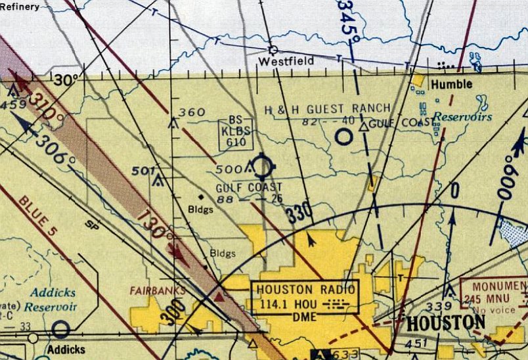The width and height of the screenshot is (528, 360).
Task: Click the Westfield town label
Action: (286, 62)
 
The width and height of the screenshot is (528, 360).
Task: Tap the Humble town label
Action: (451, 84)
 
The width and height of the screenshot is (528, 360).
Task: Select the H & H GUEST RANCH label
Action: (327, 108)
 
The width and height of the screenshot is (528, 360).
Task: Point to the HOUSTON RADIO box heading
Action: (305, 289)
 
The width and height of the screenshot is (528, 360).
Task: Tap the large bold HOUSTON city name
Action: (446, 323)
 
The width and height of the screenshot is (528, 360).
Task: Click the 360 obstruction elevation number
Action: (192, 112)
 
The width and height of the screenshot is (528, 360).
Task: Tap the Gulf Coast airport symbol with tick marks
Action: (262, 166)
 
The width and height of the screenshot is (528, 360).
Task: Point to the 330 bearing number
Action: (299, 214)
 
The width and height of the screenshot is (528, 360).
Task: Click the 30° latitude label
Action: (66, 79)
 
